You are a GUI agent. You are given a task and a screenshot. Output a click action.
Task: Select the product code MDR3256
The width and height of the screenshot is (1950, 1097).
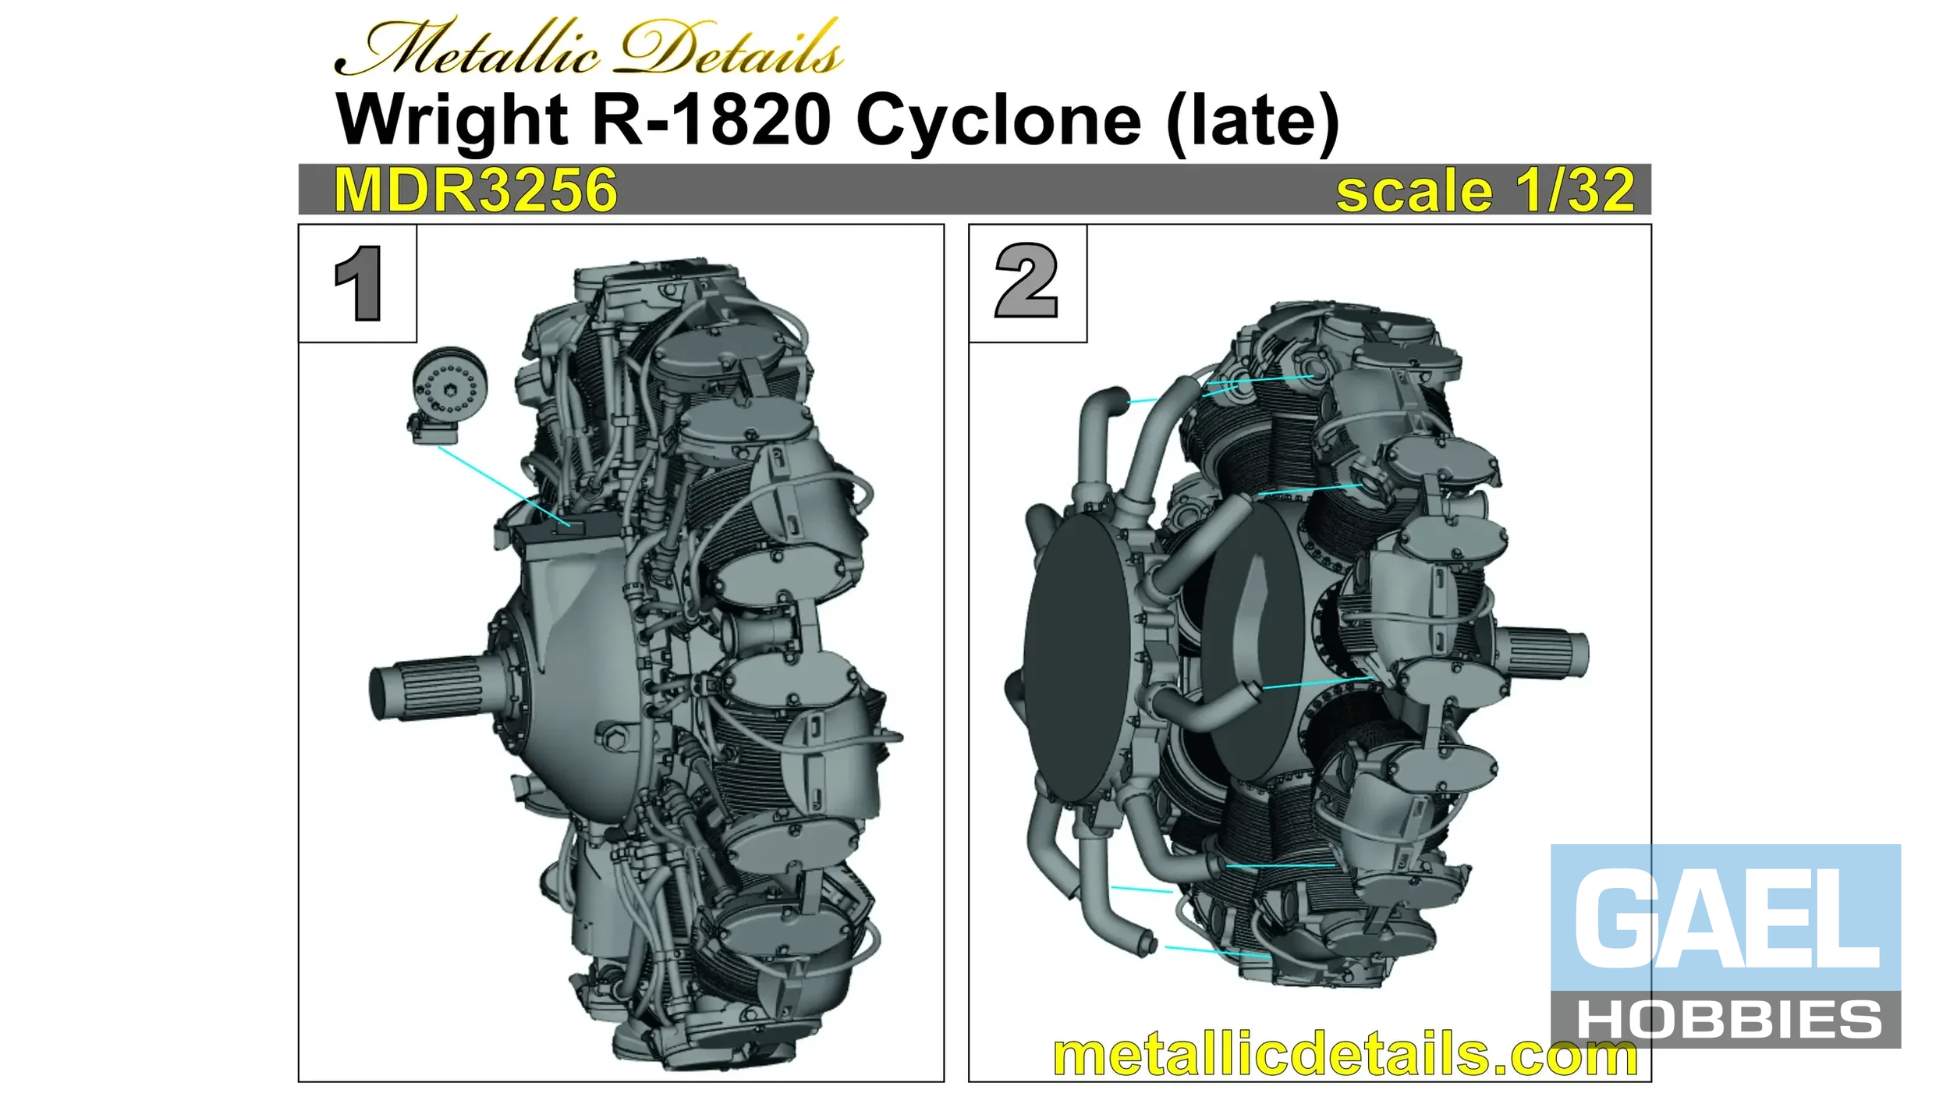(475, 190)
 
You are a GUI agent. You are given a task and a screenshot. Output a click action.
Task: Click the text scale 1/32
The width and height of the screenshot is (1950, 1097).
(1485, 190)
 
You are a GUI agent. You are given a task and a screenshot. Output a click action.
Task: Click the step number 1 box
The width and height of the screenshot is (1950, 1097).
(357, 283)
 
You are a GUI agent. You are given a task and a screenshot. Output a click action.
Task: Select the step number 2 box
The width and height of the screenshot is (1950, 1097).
(1027, 283)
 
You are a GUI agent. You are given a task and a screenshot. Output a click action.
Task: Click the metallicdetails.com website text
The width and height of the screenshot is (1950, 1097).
(1345, 1055)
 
